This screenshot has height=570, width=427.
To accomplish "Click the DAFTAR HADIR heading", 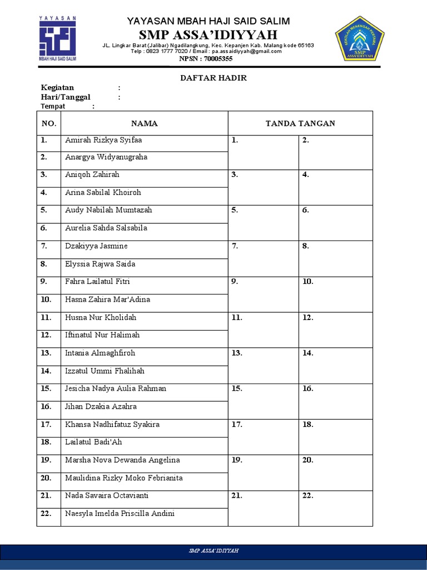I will click(x=213, y=78).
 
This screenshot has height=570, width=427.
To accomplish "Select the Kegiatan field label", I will click(x=57, y=87).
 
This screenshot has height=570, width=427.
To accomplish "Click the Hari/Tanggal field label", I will click(x=66, y=97).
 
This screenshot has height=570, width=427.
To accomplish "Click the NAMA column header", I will click(x=144, y=123).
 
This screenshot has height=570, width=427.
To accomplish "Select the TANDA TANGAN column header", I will click(x=300, y=123).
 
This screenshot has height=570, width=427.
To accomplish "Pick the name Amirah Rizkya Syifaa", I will click(x=103, y=140).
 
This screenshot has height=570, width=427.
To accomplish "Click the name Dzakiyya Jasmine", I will click(x=96, y=245).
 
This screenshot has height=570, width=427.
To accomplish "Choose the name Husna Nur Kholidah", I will click(x=101, y=317).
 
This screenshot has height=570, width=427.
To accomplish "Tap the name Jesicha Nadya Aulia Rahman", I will click(x=116, y=388).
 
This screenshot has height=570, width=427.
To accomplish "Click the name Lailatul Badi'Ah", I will click(x=93, y=441).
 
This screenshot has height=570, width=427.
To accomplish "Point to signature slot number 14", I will click(x=335, y=365).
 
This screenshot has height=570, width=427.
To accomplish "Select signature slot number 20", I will click(x=335, y=471).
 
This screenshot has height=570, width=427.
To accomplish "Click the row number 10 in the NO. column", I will click(x=46, y=299).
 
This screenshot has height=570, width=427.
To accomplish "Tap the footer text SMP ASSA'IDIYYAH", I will click(x=213, y=551).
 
